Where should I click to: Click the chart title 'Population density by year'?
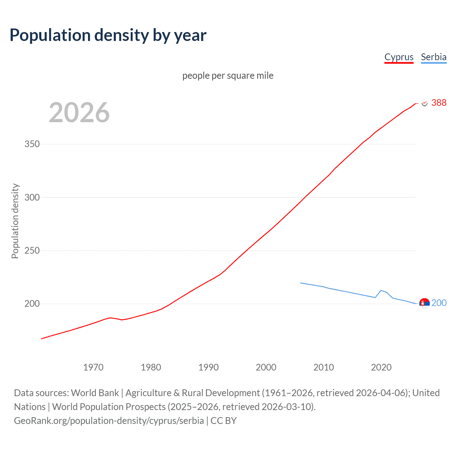pyautogui.click(x=108, y=35)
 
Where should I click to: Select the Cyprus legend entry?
pyautogui.click(x=399, y=57)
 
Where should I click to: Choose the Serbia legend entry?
pyautogui.click(x=434, y=57)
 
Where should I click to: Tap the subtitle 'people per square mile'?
pyautogui.click(x=228, y=76)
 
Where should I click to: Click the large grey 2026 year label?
pyautogui.click(x=79, y=113)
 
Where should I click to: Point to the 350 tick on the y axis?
pyautogui.click(x=32, y=144)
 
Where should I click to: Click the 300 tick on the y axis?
pyautogui.click(x=32, y=197)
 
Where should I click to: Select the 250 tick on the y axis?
pyautogui.click(x=32, y=250)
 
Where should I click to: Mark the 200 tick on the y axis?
pyautogui.click(x=32, y=304)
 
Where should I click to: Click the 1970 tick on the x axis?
pyautogui.click(x=93, y=367)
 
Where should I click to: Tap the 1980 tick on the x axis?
pyautogui.click(x=151, y=367)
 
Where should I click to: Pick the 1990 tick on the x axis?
pyautogui.click(x=208, y=367)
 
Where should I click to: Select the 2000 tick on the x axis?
pyautogui.click(x=266, y=367)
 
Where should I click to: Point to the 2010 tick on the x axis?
pyautogui.click(x=323, y=367)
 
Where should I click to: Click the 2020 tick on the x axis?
pyautogui.click(x=381, y=367)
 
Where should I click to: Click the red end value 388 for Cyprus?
pyautogui.click(x=439, y=103)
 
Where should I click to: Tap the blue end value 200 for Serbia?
pyautogui.click(x=439, y=303)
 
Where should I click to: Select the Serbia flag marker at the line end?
pyautogui.click(x=424, y=303)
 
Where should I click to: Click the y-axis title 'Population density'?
pyautogui.click(x=15, y=221)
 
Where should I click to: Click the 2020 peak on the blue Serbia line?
pyautogui.click(x=381, y=290)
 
